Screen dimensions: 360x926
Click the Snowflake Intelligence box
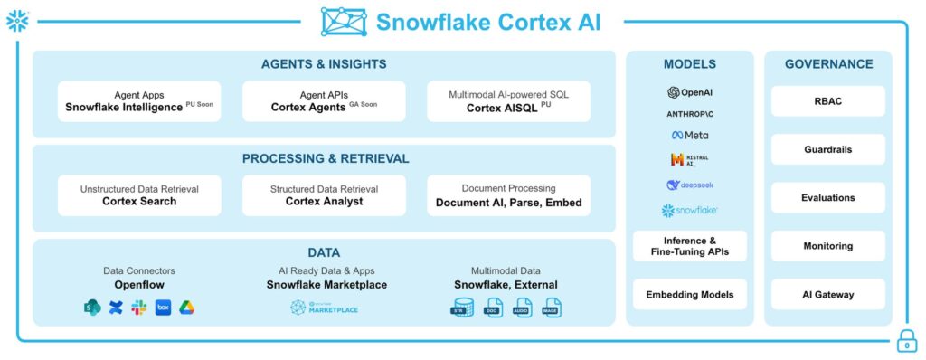pyautogui.click(x=139, y=101)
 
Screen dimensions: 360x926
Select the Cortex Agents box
pyautogui.click(x=324, y=101)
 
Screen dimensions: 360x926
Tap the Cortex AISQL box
pyautogui.click(x=508, y=101)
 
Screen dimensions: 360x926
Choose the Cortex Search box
pyautogui.click(x=139, y=195)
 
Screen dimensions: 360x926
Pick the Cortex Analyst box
pyautogui.click(x=324, y=195)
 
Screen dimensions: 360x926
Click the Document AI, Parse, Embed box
pyautogui.click(x=508, y=195)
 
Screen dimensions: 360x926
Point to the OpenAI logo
pyautogui.click(x=689, y=92)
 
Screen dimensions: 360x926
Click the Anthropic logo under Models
pyautogui.click(x=689, y=114)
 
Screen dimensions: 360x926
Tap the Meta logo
pyautogui.click(x=689, y=136)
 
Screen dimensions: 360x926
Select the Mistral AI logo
pyautogui.click(x=689, y=160)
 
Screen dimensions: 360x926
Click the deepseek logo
pyautogui.click(x=689, y=185)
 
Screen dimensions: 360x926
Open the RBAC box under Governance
pyautogui.click(x=827, y=101)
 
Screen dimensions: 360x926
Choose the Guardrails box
pyautogui.click(x=827, y=149)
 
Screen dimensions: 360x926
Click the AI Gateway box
pyautogui.click(x=827, y=294)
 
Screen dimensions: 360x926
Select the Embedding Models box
pyautogui.click(x=689, y=294)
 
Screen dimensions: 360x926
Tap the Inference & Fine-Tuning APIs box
pyautogui.click(x=689, y=246)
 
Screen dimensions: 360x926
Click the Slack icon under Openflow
pyautogui.click(x=139, y=308)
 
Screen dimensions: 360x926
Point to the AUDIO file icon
pyautogui.click(x=522, y=308)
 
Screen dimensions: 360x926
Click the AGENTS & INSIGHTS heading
pyautogui.click(x=324, y=64)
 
